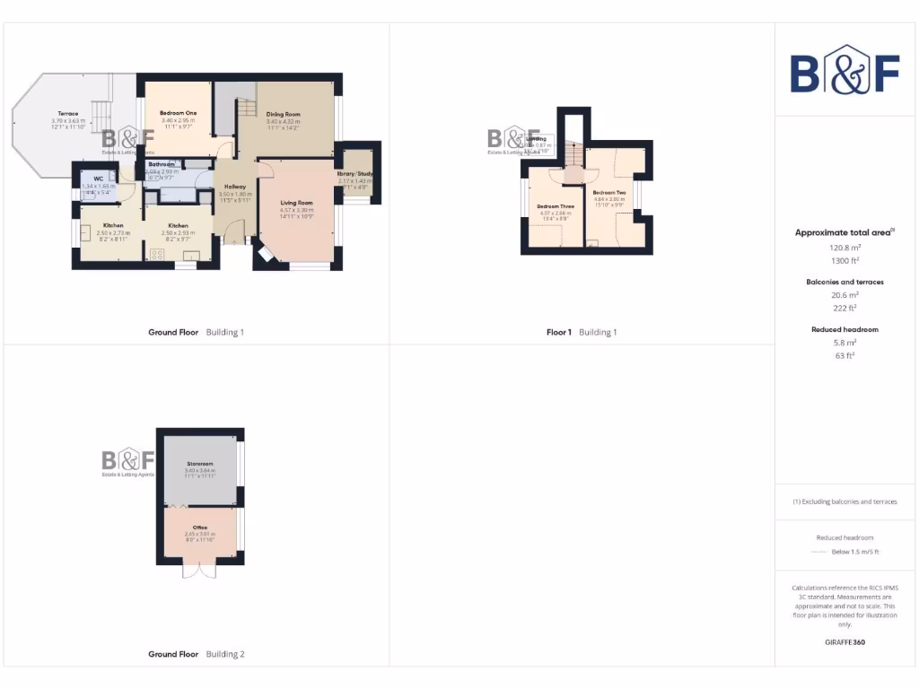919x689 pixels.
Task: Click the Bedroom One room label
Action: (x=178, y=112)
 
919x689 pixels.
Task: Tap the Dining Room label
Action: (x=283, y=114)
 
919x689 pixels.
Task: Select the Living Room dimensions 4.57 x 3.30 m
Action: (x=296, y=210)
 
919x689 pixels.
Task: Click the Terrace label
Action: (x=68, y=114)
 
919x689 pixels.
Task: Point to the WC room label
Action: (x=99, y=179)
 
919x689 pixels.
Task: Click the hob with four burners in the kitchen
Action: (x=158, y=255)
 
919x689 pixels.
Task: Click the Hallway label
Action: (x=235, y=187)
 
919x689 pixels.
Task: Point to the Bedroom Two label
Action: (x=609, y=192)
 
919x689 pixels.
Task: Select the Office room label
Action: (x=200, y=527)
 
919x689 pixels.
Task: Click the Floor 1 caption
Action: (x=558, y=332)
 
